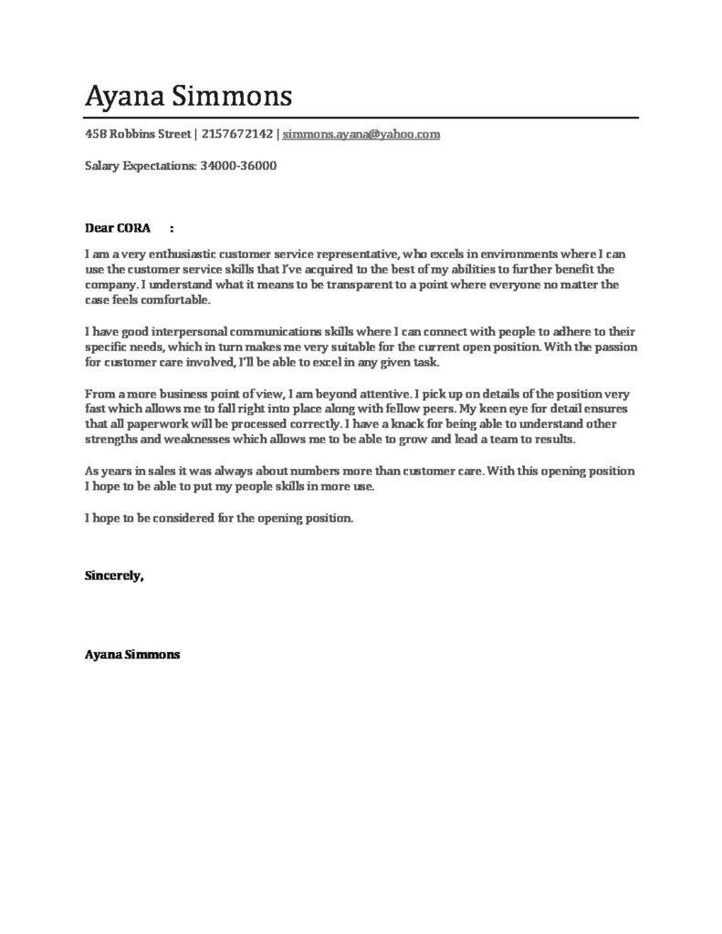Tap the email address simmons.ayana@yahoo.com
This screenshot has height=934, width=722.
coord(361,134)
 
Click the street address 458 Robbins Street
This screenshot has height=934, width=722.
coord(137,134)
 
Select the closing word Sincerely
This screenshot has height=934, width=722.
coord(114,576)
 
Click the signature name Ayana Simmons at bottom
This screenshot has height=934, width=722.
coord(132,654)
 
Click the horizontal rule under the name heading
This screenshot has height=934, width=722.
coord(361,118)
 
